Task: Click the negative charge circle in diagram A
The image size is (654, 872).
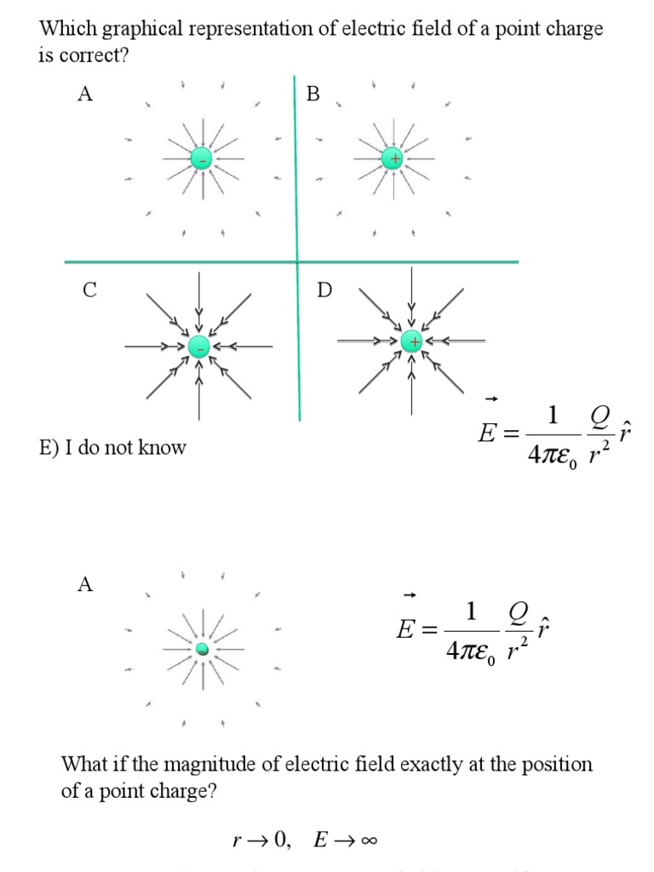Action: [201, 158]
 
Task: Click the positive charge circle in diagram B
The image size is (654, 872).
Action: [393, 158]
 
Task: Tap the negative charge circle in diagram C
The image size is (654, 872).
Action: [198, 347]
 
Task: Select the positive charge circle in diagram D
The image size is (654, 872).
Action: [412, 341]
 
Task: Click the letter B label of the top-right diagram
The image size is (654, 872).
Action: [313, 95]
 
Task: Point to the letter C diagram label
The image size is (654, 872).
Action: [89, 290]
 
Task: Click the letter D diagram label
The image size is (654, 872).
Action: [324, 290]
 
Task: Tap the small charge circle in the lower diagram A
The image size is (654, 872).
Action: [202, 651]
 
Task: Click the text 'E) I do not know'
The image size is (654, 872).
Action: [112, 448]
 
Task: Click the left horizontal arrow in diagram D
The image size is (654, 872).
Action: [366, 341]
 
